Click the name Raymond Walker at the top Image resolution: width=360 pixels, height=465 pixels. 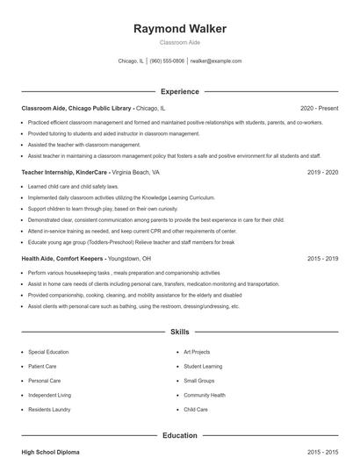pos(180,29)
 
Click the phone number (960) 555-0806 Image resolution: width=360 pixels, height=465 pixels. pos(167,61)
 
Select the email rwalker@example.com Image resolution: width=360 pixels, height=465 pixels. pos(215,61)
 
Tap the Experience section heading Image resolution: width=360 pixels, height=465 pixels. pos(180,91)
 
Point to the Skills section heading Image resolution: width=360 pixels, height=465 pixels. pos(180,333)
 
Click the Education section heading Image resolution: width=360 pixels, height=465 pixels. pos(180,435)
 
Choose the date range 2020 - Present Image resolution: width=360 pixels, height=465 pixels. pos(319,108)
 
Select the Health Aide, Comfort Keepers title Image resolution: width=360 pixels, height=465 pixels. pos(62,259)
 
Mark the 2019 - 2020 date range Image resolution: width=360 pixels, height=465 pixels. pos(323,173)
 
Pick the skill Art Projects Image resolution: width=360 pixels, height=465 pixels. pos(198,351)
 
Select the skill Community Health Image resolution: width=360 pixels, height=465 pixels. pos(205,395)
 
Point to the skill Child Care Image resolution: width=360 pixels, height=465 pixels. pos(196,410)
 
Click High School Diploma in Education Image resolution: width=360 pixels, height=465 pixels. pos(50,452)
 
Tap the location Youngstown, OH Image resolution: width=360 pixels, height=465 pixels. pos(130,259)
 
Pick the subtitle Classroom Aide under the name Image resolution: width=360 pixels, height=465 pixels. pos(180,42)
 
